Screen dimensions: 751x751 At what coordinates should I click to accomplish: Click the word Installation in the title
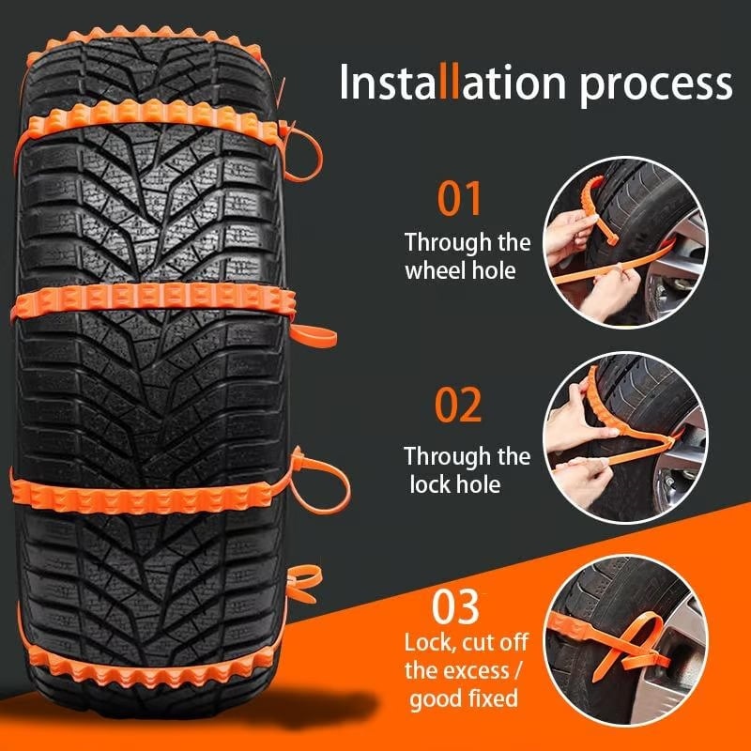pos(453,83)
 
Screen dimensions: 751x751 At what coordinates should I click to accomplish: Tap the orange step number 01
pos(459,200)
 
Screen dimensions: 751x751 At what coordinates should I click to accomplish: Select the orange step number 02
pos(458,404)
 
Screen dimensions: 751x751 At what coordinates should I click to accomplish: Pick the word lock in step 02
pos(431,484)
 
